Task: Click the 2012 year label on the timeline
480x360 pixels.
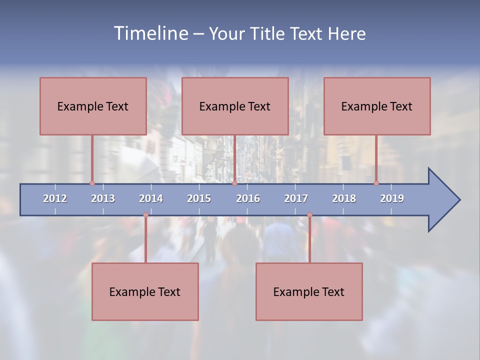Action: click(x=55, y=198)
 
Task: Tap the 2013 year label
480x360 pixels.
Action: click(x=103, y=198)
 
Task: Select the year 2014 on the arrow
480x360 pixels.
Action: click(x=151, y=198)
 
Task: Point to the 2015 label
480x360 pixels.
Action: click(x=199, y=198)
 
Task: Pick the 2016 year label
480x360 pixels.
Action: click(x=248, y=198)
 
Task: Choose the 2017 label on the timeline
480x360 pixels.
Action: click(x=296, y=198)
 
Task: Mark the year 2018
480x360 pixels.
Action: click(x=344, y=198)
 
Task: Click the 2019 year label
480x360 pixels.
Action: click(x=392, y=198)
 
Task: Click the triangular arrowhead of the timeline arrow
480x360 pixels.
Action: click(x=443, y=200)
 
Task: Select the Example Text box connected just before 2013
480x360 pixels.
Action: click(x=93, y=106)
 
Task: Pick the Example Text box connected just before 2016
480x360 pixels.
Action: click(x=235, y=106)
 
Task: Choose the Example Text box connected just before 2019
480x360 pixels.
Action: click(x=377, y=106)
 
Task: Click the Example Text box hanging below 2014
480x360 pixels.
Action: click(x=145, y=291)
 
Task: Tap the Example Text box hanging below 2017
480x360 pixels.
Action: click(x=309, y=291)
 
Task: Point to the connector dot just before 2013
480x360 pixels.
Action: click(x=92, y=183)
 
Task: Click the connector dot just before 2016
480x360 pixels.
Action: click(x=234, y=183)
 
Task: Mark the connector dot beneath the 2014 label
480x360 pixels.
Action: click(x=145, y=215)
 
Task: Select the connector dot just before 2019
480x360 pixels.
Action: click(x=376, y=183)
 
